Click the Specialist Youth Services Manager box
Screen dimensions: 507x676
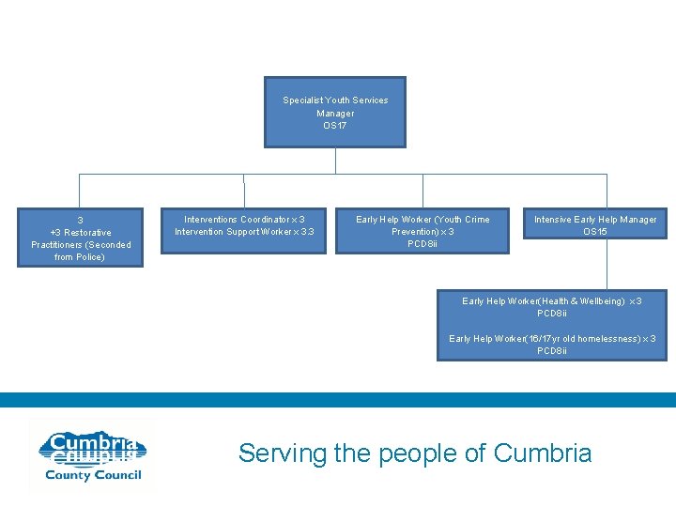pos(335,112)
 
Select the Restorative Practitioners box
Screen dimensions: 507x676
pos(81,238)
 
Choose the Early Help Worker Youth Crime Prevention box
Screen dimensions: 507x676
pos(422,231)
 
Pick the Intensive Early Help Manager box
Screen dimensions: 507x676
pos(594,224)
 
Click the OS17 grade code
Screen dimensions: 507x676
pos(335,126)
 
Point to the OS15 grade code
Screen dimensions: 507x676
pos(595,232)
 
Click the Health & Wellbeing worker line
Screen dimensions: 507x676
pos(552,301)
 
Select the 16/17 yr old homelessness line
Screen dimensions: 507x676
pos(552,339)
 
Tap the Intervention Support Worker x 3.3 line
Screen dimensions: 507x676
pos(244,232)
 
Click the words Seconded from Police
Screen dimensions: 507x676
pos(82,251)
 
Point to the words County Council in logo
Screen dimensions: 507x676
pos(94,475)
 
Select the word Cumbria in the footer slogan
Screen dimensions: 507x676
pos(543,453)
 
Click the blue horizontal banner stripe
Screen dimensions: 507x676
pos(338,400)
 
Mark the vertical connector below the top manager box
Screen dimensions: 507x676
pos(335,161)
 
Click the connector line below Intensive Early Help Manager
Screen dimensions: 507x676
pos(607,263)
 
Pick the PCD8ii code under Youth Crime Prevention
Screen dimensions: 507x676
pos(422,244)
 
